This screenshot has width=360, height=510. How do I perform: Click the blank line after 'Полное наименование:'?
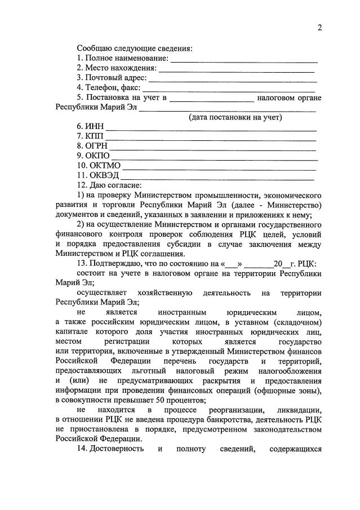click(x=244, y=59)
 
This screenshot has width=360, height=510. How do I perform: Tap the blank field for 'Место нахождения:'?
click(x=237, y=70)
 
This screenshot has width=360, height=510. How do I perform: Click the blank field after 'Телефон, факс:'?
click(x=229, y=90)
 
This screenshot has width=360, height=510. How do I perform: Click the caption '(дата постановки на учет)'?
click(x=235, y=117)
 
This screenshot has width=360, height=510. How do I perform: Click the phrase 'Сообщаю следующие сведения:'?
click(x=135, y=48)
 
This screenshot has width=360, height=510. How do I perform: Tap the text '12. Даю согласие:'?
click(x=109, y=185)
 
